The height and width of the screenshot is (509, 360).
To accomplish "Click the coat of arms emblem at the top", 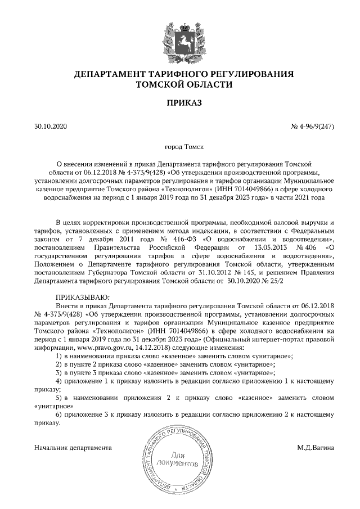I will tap(180, 36).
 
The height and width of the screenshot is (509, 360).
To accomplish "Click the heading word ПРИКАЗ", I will tap(180, 103).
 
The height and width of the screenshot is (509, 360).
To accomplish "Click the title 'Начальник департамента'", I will tap(73, 448).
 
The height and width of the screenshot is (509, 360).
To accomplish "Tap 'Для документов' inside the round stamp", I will tap(180, 460).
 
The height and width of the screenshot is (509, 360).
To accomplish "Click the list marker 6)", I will tap(58, 415).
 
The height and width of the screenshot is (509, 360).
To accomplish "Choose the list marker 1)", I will tap(58, 357).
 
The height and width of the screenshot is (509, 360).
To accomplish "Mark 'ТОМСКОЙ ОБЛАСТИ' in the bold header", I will tap(180, 84).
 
